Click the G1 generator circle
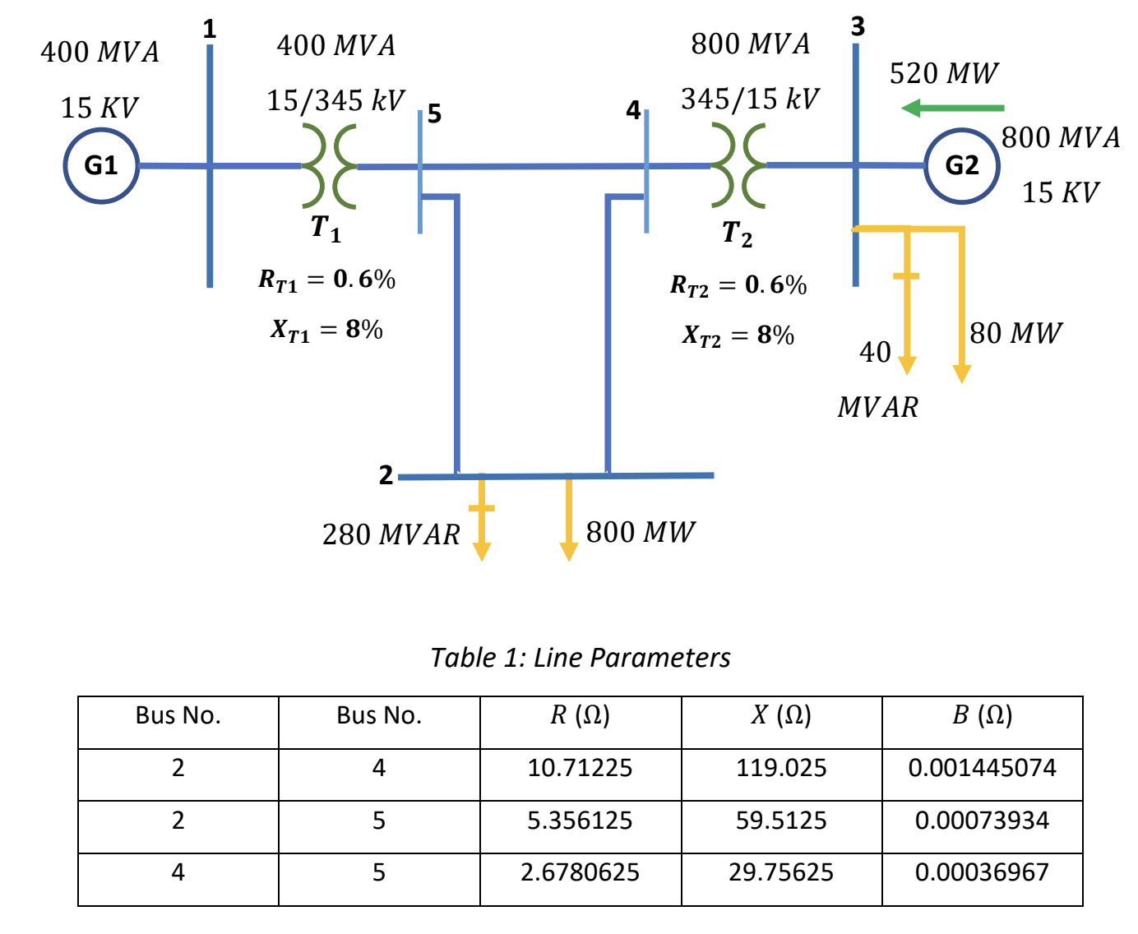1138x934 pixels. pyautogui.click(x=101, y=165)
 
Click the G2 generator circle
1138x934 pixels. pyautogui.click(x=961, y=165)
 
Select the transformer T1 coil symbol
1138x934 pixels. pyautogui.click(x=329, y=165)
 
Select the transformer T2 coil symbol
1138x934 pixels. pyautogui.click(x=738, y=165)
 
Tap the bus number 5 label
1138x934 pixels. pyautogui.click(x=434, y=113)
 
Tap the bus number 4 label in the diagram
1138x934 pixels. pyautogui.click(x=632, y=110)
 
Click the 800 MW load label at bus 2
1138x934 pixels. pyautogui.click(x=640, y=532)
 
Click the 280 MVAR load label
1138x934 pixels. pyautogui.click(x=391, y=534)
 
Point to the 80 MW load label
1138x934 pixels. pyautogui.click(x=1015, y=333)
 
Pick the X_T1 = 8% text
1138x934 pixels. pyautogui.click(x=326, y=330)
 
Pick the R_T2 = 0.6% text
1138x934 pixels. pyautogui.click(x=738, y=285)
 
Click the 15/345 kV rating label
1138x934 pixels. pyautogui.click(x=335, y=100)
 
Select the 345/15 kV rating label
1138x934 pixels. pyautogui.click(x=749, y=99)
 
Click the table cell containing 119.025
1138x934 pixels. pyautogui.click(x=781, y=768)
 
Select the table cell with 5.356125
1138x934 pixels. pyautogui.click(x=580, y=821)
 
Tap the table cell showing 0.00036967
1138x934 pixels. pyautogui.click(x=982, y=872)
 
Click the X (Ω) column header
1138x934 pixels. pyautogui.click(x=781, y=715)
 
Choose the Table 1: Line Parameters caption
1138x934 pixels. pyautogui.click(x=581, y=658)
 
